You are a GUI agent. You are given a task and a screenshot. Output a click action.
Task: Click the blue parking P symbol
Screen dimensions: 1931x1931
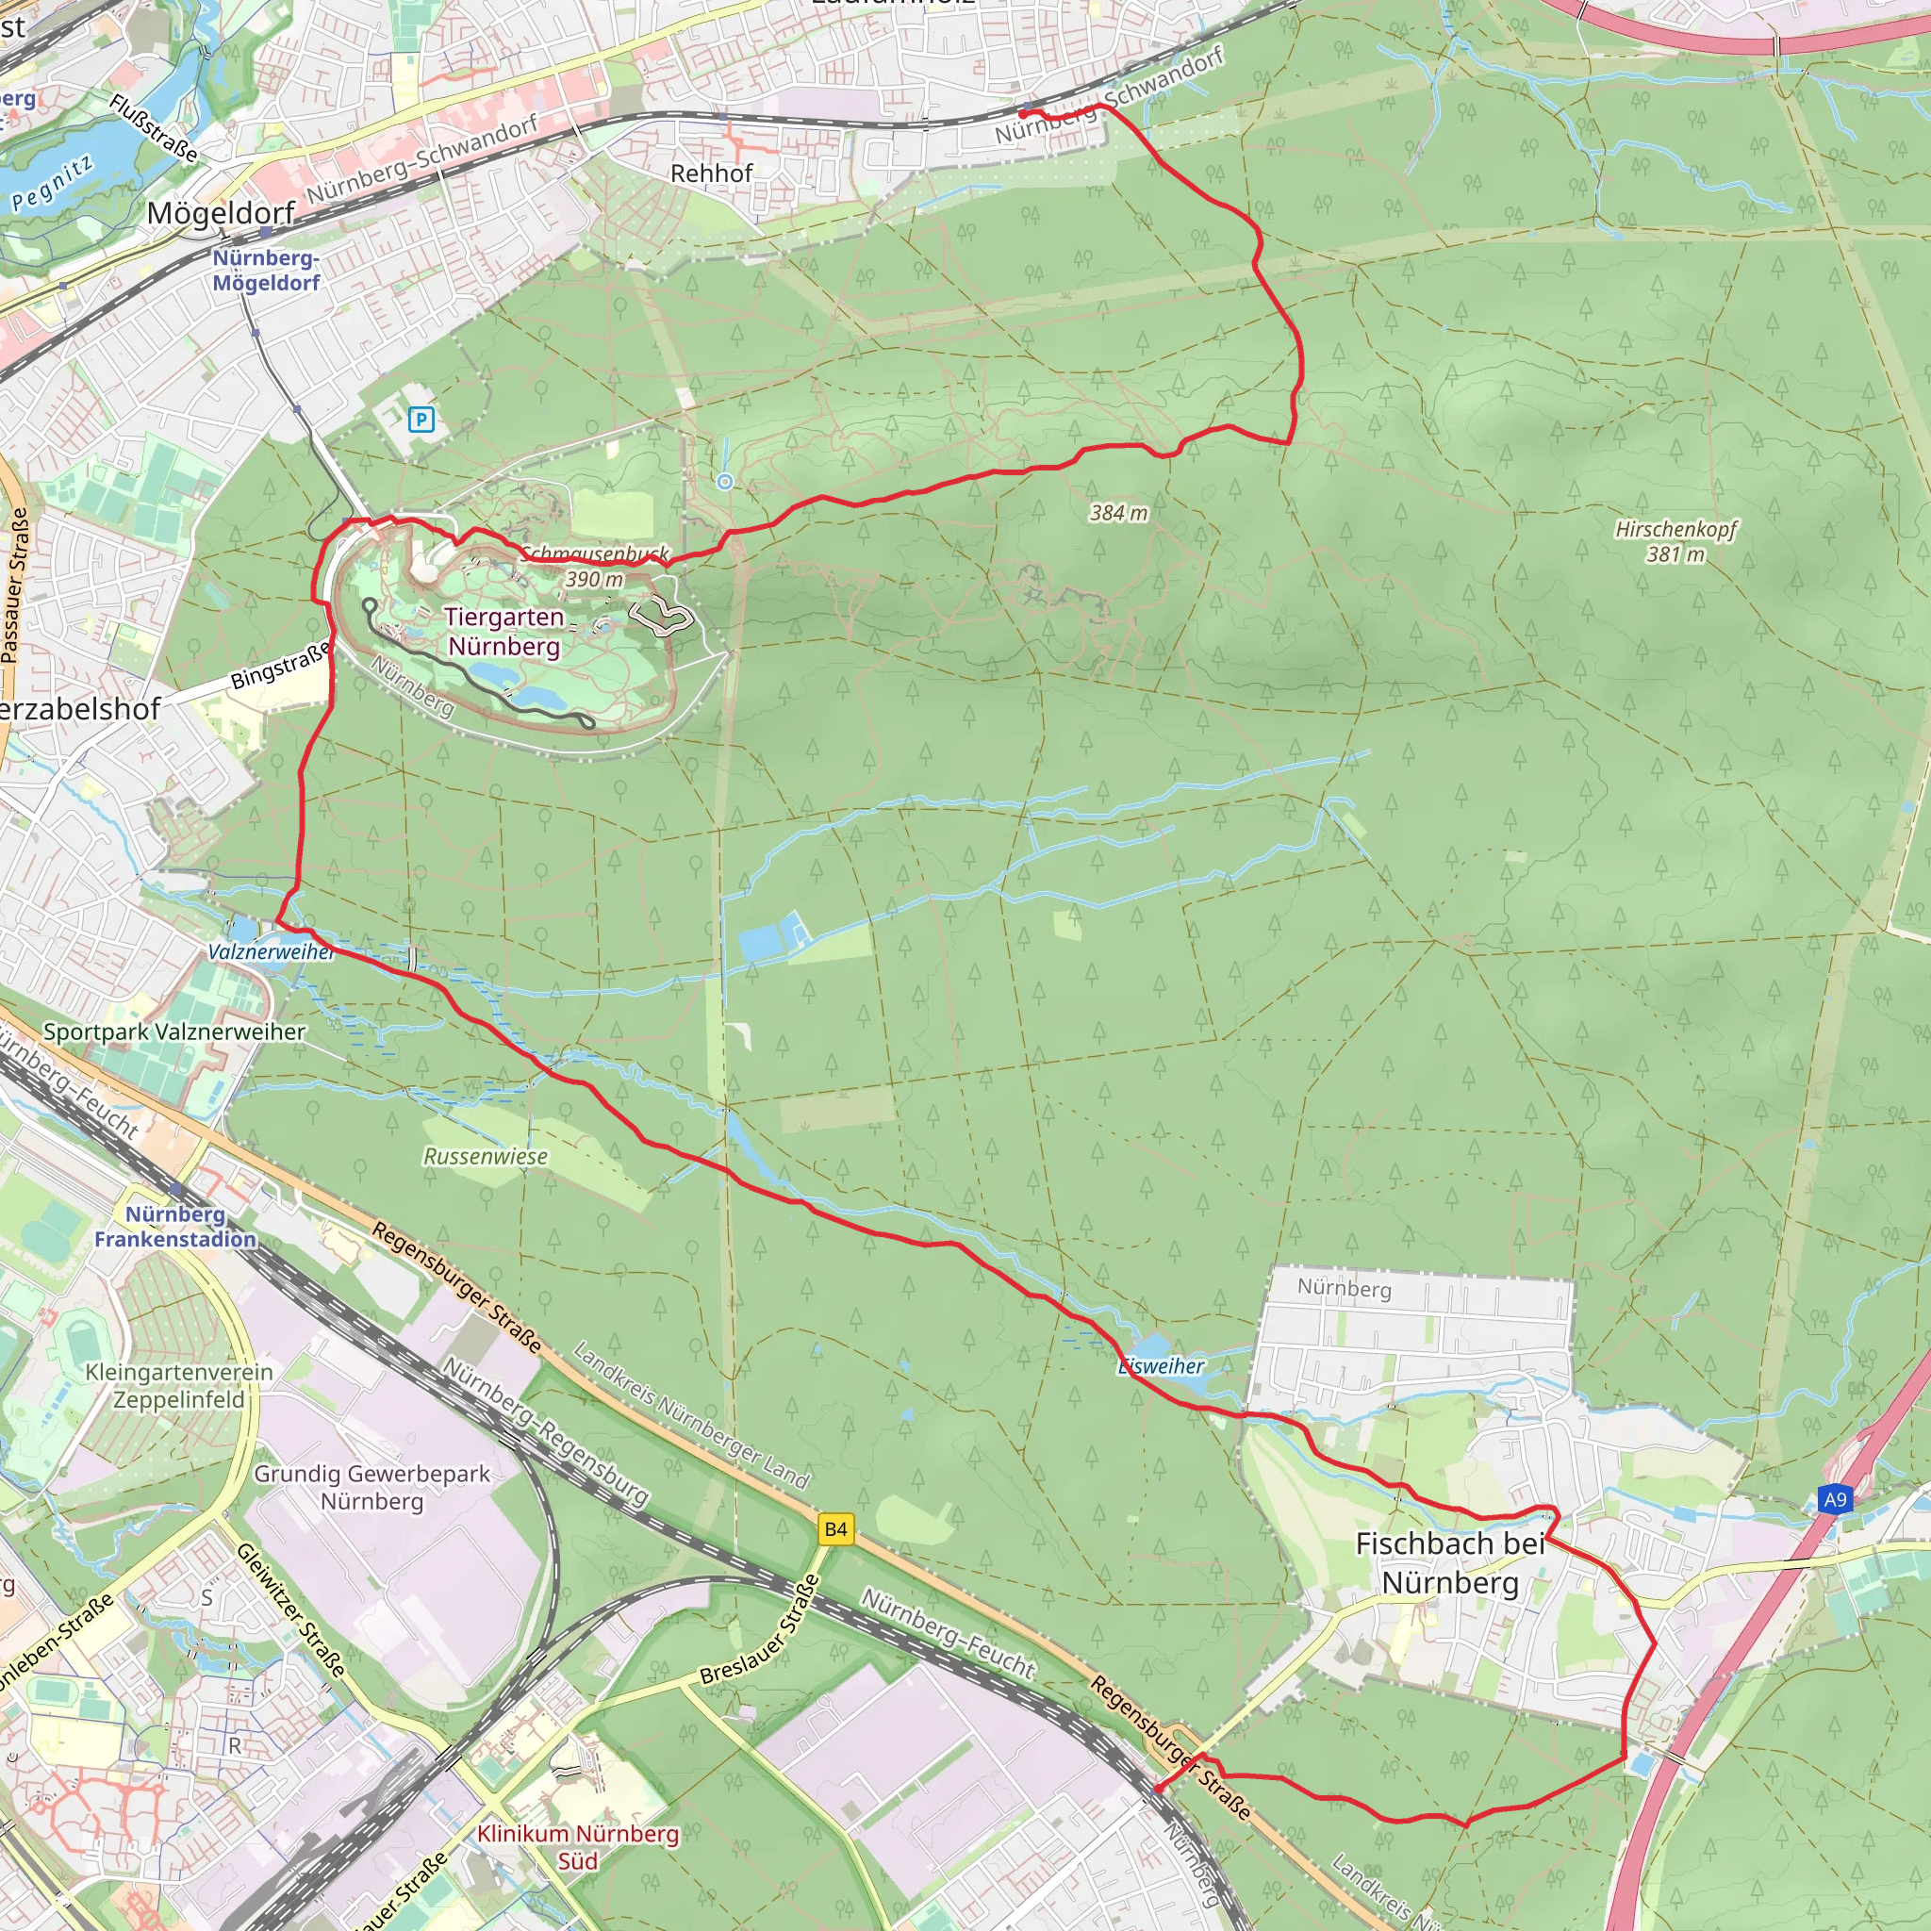pyautogui.click(x=421, y=420)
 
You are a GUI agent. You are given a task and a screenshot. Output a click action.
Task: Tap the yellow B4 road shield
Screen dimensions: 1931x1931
pyautogui.click(x=835, y=1529)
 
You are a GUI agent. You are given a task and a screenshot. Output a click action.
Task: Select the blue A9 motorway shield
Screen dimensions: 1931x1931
pyautogui.click(x=1835, y=1499)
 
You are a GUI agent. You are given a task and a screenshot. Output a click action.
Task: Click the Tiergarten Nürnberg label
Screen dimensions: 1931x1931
pyautogui.click(x=503, y=632)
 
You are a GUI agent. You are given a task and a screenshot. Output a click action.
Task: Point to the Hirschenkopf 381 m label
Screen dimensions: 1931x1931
pyautogui.click(x=1676, y=540)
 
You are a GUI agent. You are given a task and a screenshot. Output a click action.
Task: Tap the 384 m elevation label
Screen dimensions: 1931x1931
pyautogui.click(x=1118, y=514)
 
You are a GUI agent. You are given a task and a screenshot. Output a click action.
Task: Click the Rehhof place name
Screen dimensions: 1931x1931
pyautogui.click(x=711, y=173)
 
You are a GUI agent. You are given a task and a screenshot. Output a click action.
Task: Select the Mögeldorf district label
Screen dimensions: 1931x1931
pyautogui.click(x=220, y=213)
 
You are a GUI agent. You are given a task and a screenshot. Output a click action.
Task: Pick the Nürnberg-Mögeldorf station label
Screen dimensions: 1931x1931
pyautogui.click(x=266, y=270)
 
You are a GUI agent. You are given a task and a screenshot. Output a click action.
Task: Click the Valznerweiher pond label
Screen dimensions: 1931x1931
pyautogui.click(x=271, y=951)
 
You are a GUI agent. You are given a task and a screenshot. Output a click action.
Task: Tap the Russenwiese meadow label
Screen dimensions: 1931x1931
pyautogui.click(x=486, y=1156)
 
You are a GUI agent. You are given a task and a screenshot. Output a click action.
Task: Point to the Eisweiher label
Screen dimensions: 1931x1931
pyautogui.click(x=1162, y=1366)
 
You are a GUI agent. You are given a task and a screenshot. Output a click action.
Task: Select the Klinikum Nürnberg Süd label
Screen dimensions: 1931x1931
pyautogui.click(x=578, y=1847)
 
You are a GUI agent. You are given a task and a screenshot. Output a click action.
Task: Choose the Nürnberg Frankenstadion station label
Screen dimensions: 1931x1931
pyautogui.click(x=176, y=1227)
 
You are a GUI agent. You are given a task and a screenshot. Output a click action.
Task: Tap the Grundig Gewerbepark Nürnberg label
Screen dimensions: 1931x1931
pyautogui.click(x=371, y=1487)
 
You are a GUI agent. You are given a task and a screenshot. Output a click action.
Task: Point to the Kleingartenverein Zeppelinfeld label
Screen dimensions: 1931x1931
pyautogui.click(x=179, y=1385)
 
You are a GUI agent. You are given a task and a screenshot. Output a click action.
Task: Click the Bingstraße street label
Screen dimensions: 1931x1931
pyautogui.click(x=280, y=666)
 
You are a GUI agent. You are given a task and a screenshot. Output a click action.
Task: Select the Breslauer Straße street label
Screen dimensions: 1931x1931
pyautogui.click(x=761, y=1630)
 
